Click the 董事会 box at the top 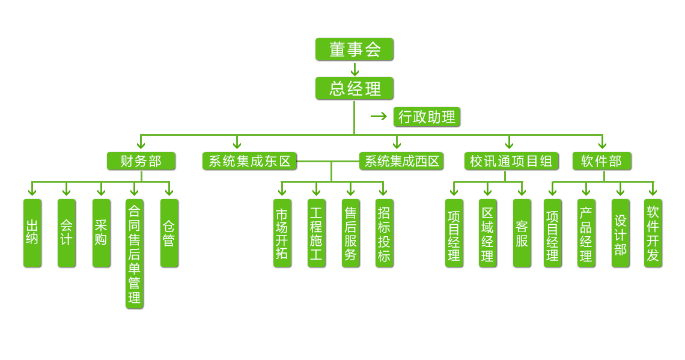click(x=354, y=49)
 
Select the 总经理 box click(x=354, y=88)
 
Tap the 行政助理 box click(x=427, y=117)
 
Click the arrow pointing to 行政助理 click(x=379, y=116)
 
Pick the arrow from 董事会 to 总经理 click(x=355, y=69)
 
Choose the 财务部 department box click(x=141, y=161)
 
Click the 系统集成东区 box click(x=249, y=161)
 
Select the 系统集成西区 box click(x=401, y=161)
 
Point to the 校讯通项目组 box click(x=511, y=161)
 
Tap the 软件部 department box click(x=601, y=161)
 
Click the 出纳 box click(x=32, y=233)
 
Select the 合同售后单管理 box click(x=135, y=254)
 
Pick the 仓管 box click(x=169, y=233)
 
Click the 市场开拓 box click(x=282, y=233)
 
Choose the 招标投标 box click(x=384, y=233)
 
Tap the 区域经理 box click(x=488, y=233)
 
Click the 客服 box click(x=522, y=233)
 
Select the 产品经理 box click(x=586, y=233)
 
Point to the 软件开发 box click(x=653, y=233)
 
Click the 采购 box click(x=101, y=233)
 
